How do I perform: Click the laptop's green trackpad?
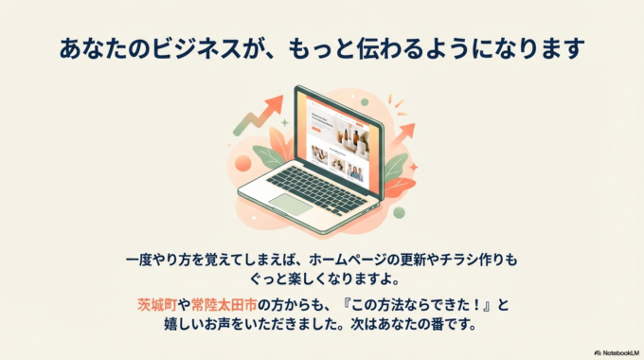coord(291,204)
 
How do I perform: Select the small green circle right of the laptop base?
coord(399,212)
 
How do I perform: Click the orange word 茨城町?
coord(155,304)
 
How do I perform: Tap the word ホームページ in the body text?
coord(349,258)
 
